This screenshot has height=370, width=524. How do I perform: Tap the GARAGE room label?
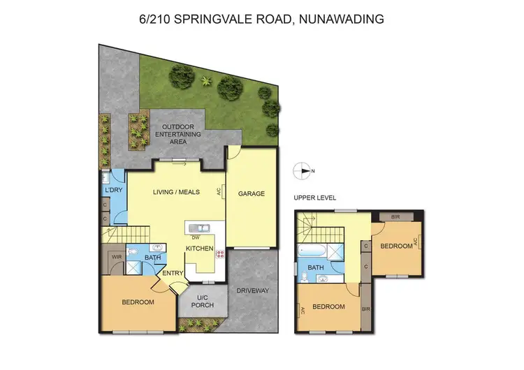pyautogui.click(x=252, y=193)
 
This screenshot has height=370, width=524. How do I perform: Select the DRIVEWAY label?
pyautogui.click(x=253, y=290)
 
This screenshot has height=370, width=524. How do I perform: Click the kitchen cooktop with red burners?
pyautogui.click(x=221, y=254)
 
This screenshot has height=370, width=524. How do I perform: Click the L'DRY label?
pyautogui.click(x=112, y=190)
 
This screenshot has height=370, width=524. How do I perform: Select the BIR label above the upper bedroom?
pyautogui.click(x=395, y=217)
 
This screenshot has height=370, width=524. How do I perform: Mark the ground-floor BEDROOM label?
pyautogui.click(x=138, y=302)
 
